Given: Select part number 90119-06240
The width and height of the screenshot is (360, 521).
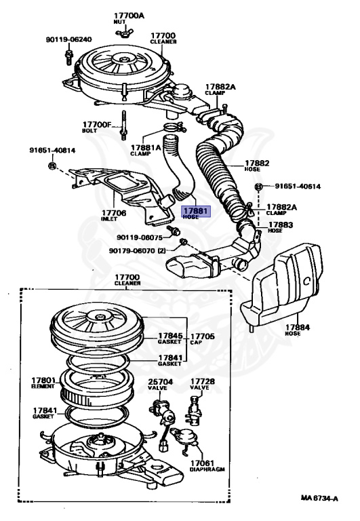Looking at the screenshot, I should (x=68, y=39).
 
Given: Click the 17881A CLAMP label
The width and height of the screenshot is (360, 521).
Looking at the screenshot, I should (x=146, y=149).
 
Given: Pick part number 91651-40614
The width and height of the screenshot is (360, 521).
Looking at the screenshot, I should (x=298, y=187).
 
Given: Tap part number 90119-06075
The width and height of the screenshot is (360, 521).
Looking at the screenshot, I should (x=139, y=237).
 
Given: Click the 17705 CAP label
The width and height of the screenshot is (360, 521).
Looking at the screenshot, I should (x=201, y=338).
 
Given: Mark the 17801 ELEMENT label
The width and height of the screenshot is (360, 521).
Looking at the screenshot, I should (x=42, y=383).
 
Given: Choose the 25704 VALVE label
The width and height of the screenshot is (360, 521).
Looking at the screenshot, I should (x=160, y=385).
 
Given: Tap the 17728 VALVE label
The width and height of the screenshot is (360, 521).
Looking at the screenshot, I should (x=202, y=385).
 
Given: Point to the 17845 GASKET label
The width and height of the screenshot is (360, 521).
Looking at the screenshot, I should (x=170, y=338).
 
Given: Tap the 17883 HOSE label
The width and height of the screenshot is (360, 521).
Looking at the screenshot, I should (x=280, y=227).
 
